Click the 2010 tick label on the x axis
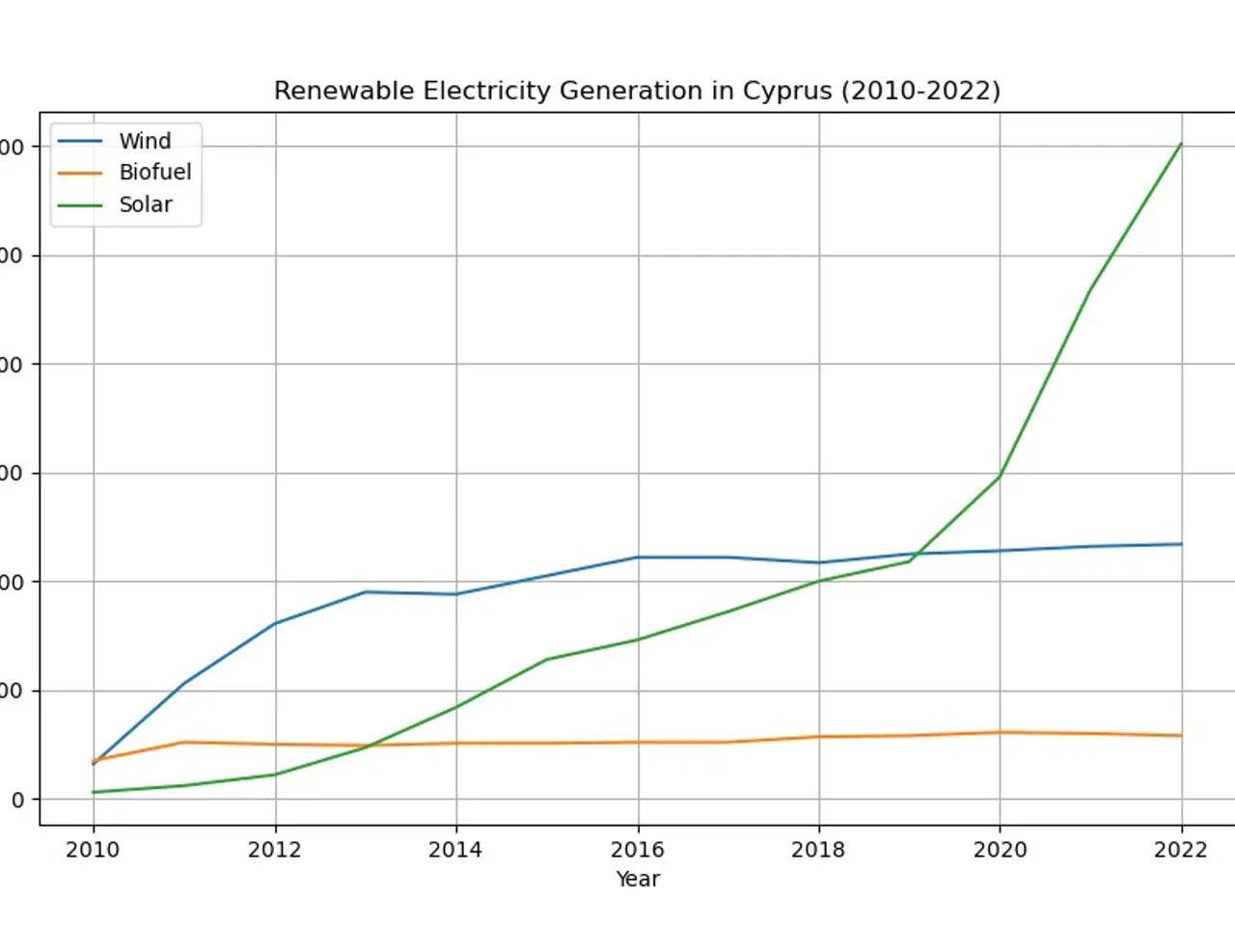(93, 850)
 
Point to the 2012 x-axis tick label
(275, 850)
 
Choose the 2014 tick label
(455, 850)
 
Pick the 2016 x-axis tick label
(638, 850)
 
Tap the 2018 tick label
(818, 850)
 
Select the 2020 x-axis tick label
(1000, 850)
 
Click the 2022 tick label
(1181, 850)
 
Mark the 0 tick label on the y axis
(17, 800)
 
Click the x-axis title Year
(638, 879)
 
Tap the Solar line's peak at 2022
(1181, 144)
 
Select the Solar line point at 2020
(1000, 476)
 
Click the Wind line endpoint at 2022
(1181, 544)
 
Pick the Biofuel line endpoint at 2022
(1181, 736)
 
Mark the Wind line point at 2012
(275, 623)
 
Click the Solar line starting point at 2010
(94, 792)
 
